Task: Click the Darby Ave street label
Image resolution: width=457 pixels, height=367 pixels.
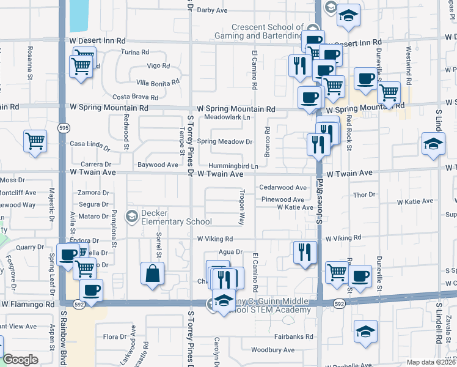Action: point(212,10)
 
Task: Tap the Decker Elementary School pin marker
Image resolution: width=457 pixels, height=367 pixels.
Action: point(131,215)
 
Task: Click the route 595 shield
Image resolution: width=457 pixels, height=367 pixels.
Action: point(64,127)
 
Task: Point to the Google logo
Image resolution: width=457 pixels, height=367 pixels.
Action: point(20,360)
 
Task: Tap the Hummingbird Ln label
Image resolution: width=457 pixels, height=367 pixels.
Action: point(233,166)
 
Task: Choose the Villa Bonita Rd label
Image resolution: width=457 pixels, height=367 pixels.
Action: point(158,82)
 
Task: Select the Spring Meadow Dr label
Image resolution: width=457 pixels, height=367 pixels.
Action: point(225,141)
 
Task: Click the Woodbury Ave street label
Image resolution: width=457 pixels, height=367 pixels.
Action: point(272,350)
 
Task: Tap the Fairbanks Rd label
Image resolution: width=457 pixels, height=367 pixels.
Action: point(293,336)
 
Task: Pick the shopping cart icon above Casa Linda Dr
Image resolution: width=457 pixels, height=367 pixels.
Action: point(35,140)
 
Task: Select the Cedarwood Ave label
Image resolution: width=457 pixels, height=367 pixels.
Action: point(283,188)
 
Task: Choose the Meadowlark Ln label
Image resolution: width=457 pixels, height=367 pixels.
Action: point(227,117)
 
